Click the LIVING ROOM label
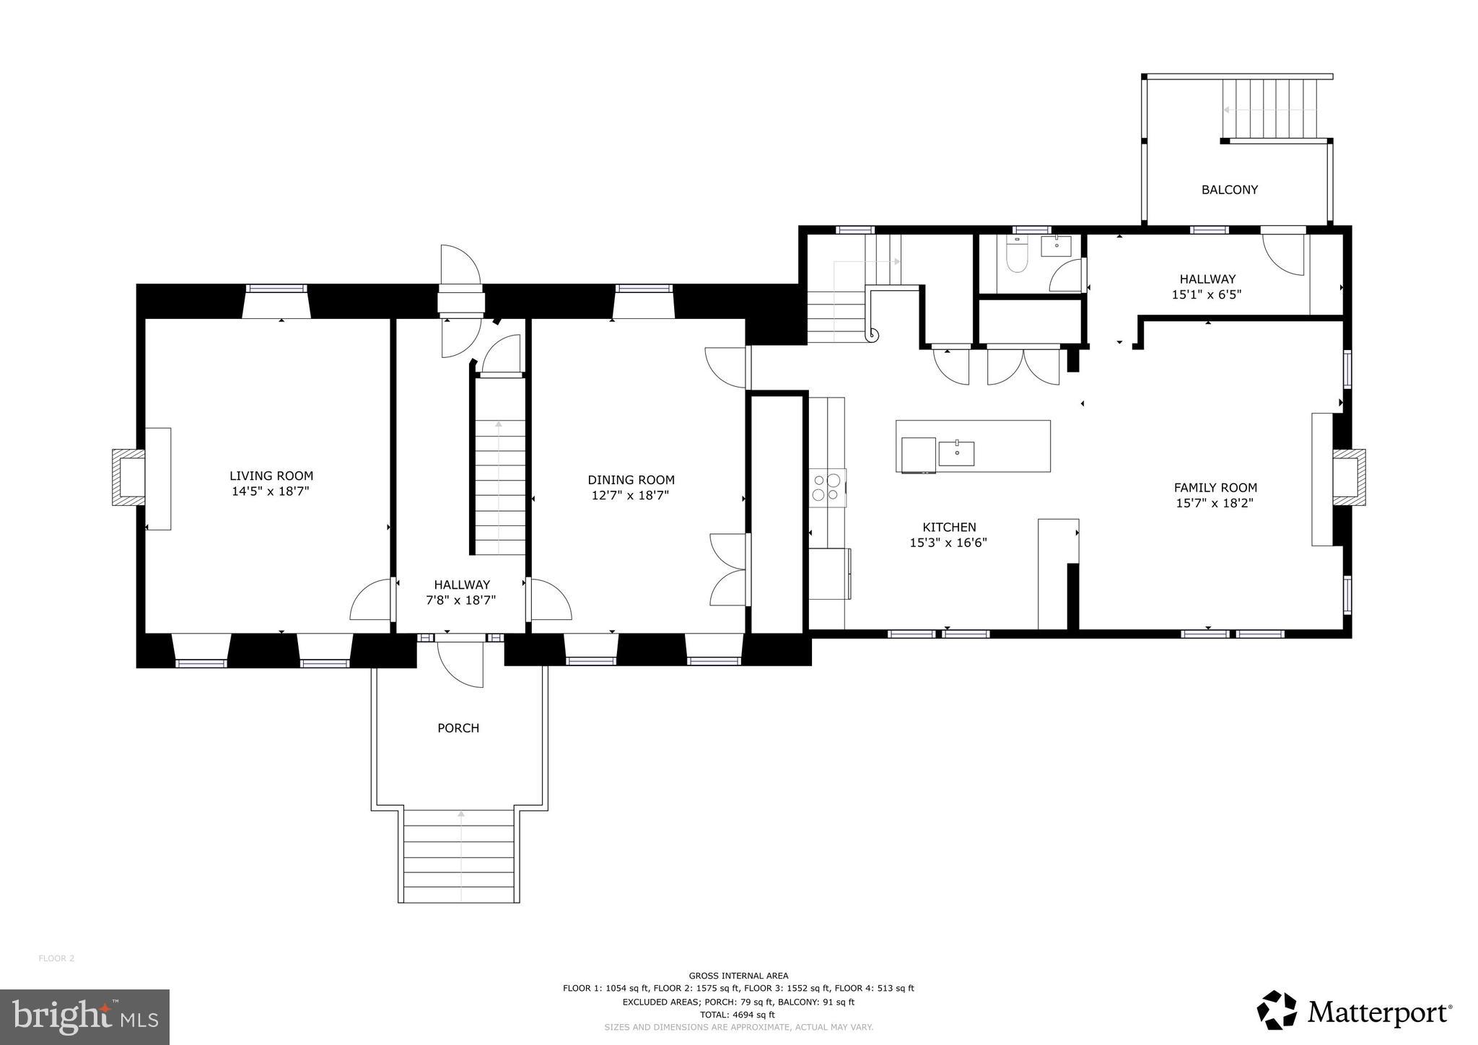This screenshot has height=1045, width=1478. click(x=271, y=476)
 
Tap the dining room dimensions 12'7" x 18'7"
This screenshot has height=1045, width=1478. click(x=631, y=496)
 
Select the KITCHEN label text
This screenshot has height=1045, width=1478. click(x=949, y=528)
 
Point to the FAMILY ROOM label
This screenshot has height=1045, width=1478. click(x=1215, y=488)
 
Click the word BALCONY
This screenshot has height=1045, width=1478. click(x=1229, y=190)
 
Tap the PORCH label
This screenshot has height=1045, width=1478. click(x=458, y=728)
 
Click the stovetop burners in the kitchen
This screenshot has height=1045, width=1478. click(x=827, y=486)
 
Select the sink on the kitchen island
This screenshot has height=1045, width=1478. click(x=956, y=453)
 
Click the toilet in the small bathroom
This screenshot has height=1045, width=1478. click(x=1016, y=258)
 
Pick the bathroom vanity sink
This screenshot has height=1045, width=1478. click(x=1057, y=246)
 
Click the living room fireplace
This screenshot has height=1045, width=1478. click(x=128, y=478)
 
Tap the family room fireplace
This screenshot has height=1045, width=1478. click(x=1348, y=477)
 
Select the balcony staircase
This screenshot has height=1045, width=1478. click(x=1275, y=109)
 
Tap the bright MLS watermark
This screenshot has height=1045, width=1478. click(x=84, y=1017)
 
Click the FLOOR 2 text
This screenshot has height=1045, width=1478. click(x=56, y=958)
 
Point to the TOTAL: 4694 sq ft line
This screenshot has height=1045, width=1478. click(x=738, y=1014)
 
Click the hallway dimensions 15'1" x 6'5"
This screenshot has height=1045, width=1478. click(x=1207, y=294)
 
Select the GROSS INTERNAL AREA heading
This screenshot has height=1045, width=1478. click(x=738, y=976)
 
